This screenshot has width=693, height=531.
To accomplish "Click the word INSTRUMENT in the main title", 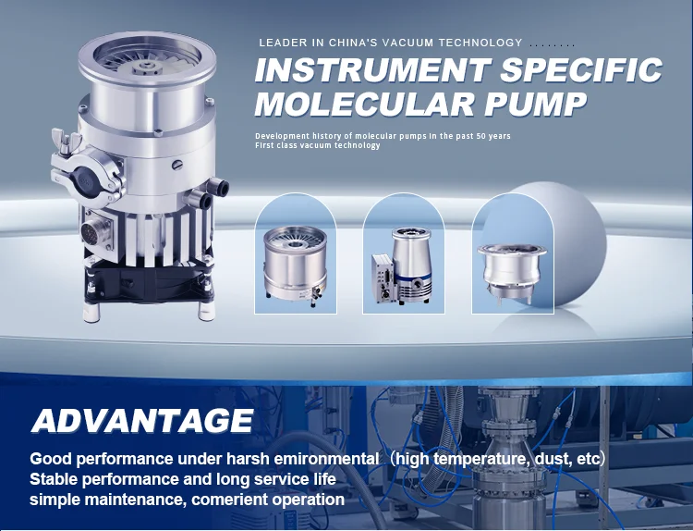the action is tap(372, 70).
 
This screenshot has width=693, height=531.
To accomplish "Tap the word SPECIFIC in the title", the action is tap(581, 70).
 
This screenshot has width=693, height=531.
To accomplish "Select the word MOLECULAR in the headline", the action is tap(365, 104).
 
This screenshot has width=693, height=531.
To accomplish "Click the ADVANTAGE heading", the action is tap(142, 420).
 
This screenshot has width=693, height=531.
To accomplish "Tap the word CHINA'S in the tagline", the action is tap(354, 43).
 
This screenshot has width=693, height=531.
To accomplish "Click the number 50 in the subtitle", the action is tap(480, 136).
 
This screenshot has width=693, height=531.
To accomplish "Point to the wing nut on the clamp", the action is tap(65, 141).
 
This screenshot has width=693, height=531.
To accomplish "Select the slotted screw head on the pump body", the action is tap(176, 165).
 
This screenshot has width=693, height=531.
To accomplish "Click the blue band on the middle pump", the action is tap(413, 277).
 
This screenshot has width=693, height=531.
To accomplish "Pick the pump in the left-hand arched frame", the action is tap(296, 265).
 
